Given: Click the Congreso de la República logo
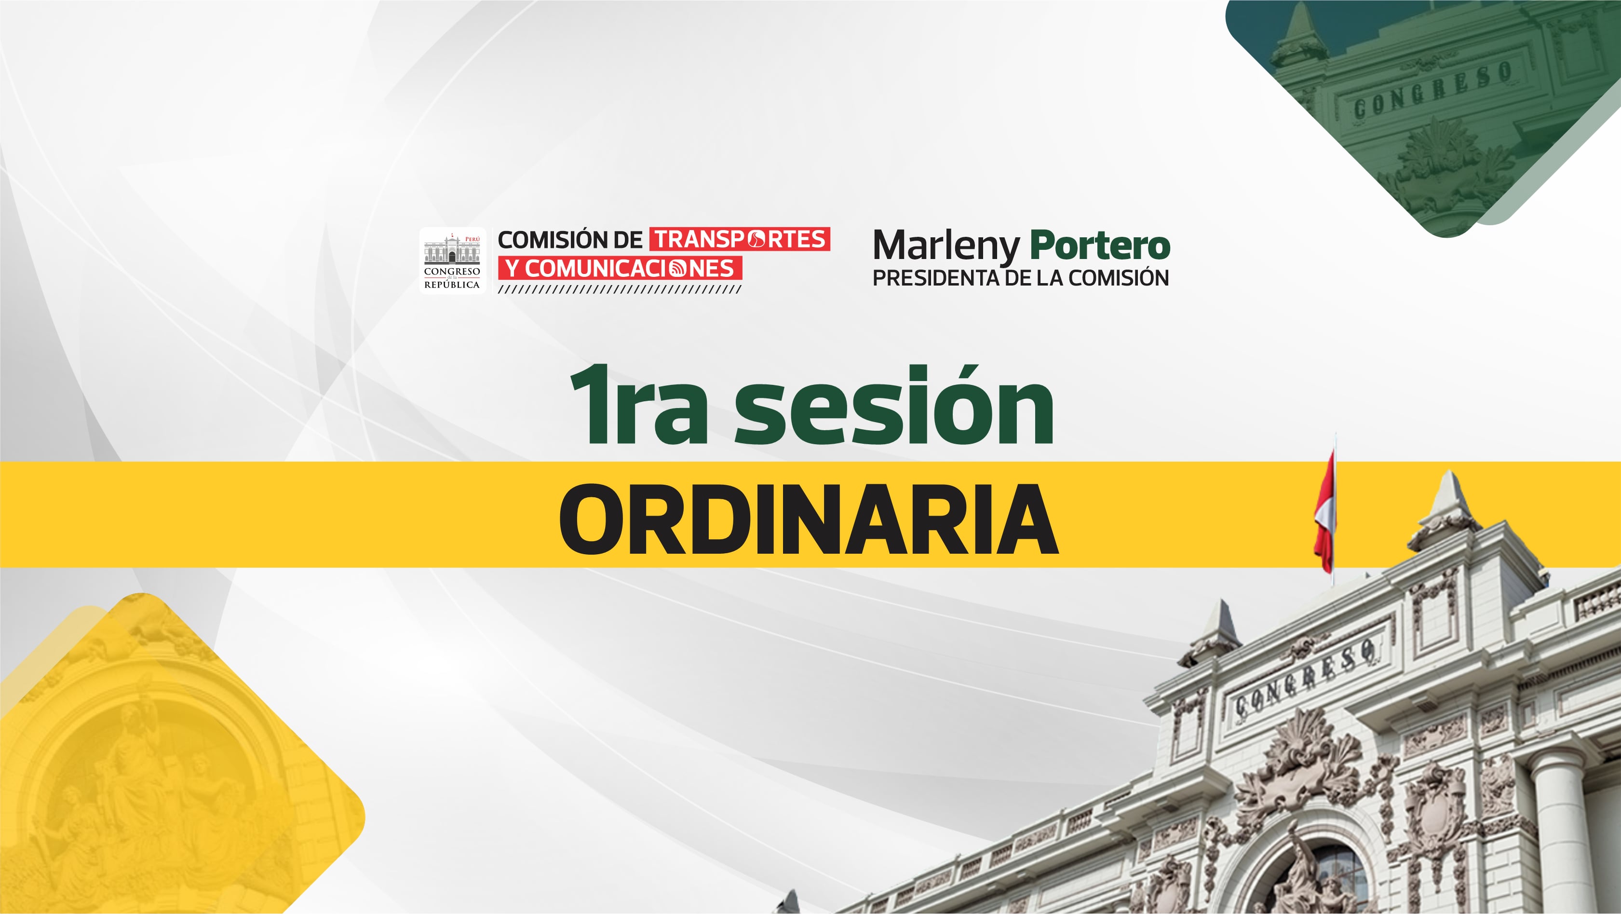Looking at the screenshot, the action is pos(452,260).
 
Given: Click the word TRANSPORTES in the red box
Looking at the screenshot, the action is pos(740,239).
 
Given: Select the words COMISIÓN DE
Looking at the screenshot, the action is pos(570,240).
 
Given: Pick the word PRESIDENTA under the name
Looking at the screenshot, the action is pos(936,278).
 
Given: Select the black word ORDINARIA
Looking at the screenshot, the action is pos(809,519).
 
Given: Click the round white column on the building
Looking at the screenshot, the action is pos(1563,831).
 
